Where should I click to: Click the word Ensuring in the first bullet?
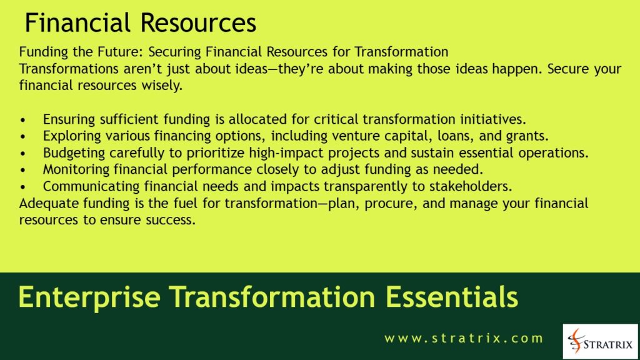[x=67, y=119]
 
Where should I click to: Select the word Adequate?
[x=46, y=204]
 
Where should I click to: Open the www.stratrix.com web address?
[x=464, y=339]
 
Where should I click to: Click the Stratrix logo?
[x=600, y=341]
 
